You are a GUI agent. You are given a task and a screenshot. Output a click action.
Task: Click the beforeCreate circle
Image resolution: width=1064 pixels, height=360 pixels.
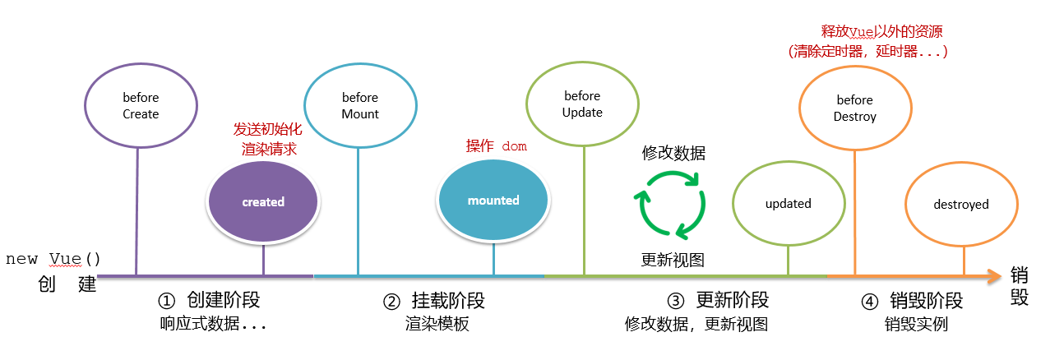140,105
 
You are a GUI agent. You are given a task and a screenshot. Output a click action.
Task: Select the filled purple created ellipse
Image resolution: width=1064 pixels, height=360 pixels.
263,202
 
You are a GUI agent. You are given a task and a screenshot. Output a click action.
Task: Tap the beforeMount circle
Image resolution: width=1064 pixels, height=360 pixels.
359,105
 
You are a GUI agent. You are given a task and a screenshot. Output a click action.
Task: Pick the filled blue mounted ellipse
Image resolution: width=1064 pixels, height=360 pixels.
493,201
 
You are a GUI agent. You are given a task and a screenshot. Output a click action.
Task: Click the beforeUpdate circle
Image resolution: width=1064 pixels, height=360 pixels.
582,104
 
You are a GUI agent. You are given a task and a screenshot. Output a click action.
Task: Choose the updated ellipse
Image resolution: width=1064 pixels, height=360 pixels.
788,204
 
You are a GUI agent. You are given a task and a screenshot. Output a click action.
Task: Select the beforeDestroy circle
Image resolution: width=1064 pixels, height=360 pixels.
854,108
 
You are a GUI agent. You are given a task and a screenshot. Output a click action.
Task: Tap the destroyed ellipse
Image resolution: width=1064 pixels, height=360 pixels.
961,204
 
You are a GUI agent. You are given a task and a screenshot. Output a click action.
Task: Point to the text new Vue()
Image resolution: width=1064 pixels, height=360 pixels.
53,260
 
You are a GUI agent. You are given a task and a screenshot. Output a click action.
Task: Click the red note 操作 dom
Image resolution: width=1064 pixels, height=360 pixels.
496,146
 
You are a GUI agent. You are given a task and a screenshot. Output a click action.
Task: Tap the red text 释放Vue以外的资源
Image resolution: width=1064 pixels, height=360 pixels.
881,32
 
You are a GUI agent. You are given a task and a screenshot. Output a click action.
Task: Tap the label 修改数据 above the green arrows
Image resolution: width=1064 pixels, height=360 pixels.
673,153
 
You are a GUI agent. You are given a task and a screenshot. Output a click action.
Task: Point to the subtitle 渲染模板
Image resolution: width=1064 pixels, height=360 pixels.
437,324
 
